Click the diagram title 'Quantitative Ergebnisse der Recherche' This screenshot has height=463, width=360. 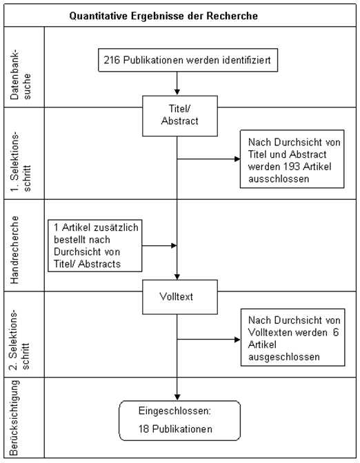163,16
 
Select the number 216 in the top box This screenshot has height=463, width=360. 112,60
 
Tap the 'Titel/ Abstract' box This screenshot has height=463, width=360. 180,116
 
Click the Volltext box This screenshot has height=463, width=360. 180,297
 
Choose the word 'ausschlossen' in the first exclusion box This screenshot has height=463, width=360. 279,179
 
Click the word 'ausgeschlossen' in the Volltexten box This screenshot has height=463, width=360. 283,357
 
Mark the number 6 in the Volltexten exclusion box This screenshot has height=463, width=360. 335,333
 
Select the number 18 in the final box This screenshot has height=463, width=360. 143,429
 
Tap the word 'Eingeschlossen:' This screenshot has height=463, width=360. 174,411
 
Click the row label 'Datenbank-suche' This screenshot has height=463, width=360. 21,74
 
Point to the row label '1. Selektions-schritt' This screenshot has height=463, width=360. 21,161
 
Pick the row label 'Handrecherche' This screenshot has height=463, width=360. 14,250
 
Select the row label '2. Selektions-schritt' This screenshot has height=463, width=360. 21,340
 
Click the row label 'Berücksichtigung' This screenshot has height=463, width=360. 14,418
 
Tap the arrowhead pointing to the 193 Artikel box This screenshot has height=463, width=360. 237,159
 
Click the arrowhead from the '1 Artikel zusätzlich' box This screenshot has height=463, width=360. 174,245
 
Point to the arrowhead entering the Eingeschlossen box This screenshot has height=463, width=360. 177,398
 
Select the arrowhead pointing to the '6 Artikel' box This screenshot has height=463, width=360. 237,340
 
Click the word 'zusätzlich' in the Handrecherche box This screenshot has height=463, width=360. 116,227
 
